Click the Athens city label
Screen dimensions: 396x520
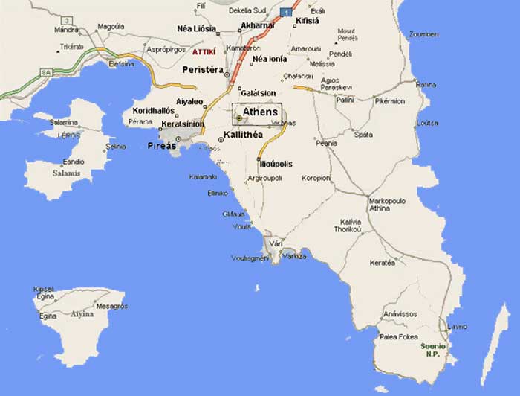[260, 112]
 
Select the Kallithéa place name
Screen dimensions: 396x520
[248, 135]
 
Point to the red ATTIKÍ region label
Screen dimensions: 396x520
[204, 52]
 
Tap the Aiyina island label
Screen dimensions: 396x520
[81, 314]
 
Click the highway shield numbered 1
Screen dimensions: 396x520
[286, 12]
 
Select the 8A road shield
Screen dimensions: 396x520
[45, 72]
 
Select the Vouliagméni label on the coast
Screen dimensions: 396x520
[250, 258]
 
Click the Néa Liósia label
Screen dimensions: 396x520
[196, 28]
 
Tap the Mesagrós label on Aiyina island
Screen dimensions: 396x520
[111, 306]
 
